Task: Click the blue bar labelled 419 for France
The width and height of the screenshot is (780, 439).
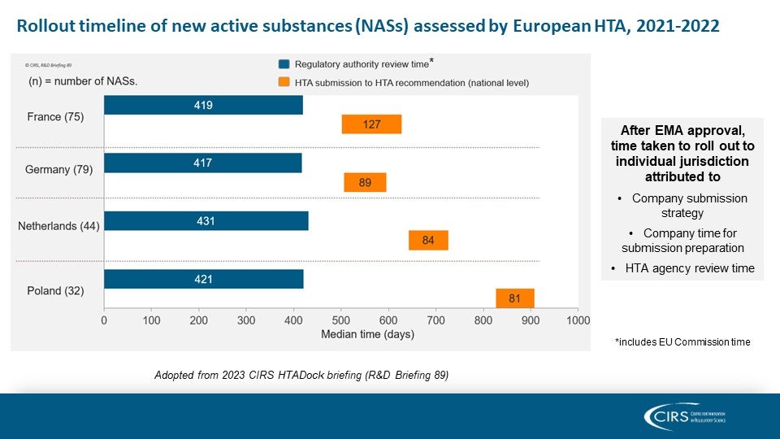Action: coord(203,105)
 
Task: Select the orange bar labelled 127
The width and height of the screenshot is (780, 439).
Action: coord(371,124)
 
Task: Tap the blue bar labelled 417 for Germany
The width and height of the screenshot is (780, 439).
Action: coord(202,163)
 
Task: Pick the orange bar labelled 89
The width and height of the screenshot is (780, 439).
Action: coord(365,183)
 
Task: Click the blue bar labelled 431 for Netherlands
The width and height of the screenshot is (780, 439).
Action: coord(206,220)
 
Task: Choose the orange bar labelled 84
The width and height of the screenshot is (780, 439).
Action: coord(428,241)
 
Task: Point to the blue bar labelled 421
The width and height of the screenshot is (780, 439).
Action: coord(203,279)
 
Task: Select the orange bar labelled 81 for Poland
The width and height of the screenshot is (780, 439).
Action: coord(514,298)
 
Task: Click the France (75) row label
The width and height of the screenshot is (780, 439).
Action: coord(55,116)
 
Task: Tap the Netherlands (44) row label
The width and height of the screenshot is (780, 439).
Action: coord(58,226)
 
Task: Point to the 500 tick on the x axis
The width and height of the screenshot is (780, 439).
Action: coord(340,321)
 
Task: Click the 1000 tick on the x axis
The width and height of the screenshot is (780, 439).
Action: coord(578,321)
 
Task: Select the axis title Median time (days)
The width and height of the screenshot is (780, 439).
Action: coord(367,334)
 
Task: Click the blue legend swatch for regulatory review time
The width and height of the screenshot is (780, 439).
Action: coord(284,63)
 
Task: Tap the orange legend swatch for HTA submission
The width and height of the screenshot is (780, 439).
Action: coord(284,82)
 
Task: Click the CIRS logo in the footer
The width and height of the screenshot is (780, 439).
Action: coord(684,416)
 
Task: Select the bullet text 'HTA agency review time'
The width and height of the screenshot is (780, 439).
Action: coord(689,268)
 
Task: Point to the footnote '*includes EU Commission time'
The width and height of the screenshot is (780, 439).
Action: coord(682,342)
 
